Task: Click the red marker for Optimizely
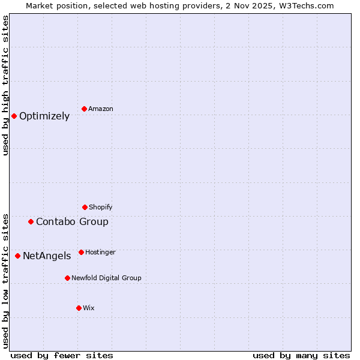[x=14, y=116]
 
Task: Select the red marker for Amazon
[x=84, y=109]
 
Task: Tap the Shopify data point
[x=85, y=207]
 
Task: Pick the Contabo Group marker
[x=31, y=221]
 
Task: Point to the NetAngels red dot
[x=17, y=256]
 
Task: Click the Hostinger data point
[x=81, y=252]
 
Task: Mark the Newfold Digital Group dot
[x=67, y=278]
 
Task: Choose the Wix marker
[x=79, y=308]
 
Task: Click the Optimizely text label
[x=44, y=116]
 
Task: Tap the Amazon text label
[x=101, y=109]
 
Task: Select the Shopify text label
[x=101, y=208]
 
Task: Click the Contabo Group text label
[x=72, y=222]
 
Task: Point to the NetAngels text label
[x=47, y=256]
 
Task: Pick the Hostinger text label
[x=100, y=253]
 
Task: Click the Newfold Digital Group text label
[x=106, y=278]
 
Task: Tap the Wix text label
[x=89, y=308]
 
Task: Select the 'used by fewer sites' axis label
[x=62, y=355]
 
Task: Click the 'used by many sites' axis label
[x=301, y=355]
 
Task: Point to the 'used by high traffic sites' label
[x=5, y=85]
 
